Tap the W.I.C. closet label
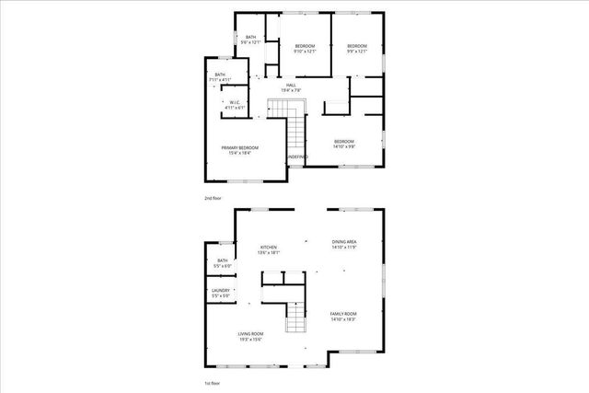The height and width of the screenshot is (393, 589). [x=236, y=102]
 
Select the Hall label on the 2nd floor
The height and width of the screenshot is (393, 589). [x=290, y=85]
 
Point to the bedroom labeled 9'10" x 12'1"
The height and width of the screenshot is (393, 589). [x=305, y=48]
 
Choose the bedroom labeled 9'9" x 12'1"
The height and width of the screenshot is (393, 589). [x=356, y=48]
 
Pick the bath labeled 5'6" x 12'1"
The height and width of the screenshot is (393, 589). [x=250, y=40]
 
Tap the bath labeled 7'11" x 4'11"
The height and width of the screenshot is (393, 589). [x=219, y=76]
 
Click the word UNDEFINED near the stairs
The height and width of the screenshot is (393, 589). [x=296, y=157]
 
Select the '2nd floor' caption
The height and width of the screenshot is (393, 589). [x=213, y=198]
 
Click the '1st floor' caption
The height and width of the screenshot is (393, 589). [x=213, y=382]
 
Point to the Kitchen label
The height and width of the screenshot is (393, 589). [x=268, y=248]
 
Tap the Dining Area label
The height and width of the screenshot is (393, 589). [x=344, y=244]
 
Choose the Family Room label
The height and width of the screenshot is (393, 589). [x=343, y=316]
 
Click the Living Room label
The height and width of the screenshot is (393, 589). [x=250, y=335]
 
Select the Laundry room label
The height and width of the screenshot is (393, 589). [x=220, y=293]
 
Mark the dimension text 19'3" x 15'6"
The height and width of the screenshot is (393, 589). [x=250, y=341]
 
